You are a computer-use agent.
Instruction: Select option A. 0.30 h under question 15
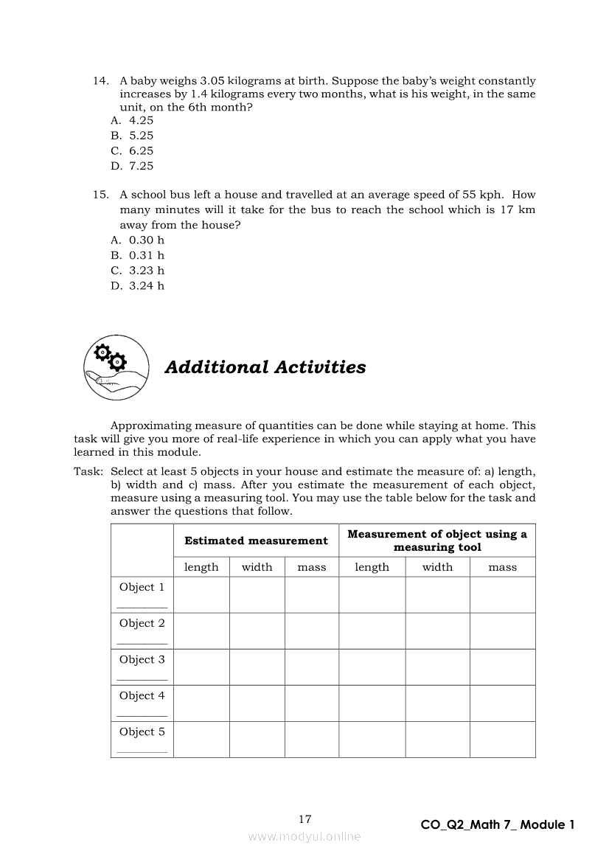[x=138, y=240]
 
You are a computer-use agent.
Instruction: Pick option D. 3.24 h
[x=138, y=285]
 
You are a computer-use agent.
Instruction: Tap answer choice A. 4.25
[x=133, y=120]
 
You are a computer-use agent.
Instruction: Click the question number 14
[x=101, y=80]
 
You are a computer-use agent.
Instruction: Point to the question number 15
[x=101, y=195]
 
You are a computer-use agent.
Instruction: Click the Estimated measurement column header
[x=256, y=541]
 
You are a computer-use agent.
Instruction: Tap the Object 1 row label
[x=142, y=587]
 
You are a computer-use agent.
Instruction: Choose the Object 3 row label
[x=142, y=659]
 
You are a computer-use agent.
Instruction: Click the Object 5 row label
[x=142, y=731]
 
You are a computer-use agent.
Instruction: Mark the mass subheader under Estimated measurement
[x=311, y=567]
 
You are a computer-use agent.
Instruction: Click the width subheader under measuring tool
[x=437, y=567]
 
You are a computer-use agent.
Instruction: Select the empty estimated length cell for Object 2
[x=201, y=630]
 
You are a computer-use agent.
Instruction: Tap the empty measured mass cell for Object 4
[x=502, y=703]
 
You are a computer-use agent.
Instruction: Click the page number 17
[x=305, y=818]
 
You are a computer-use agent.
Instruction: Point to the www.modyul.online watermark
[x=304, y=836]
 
